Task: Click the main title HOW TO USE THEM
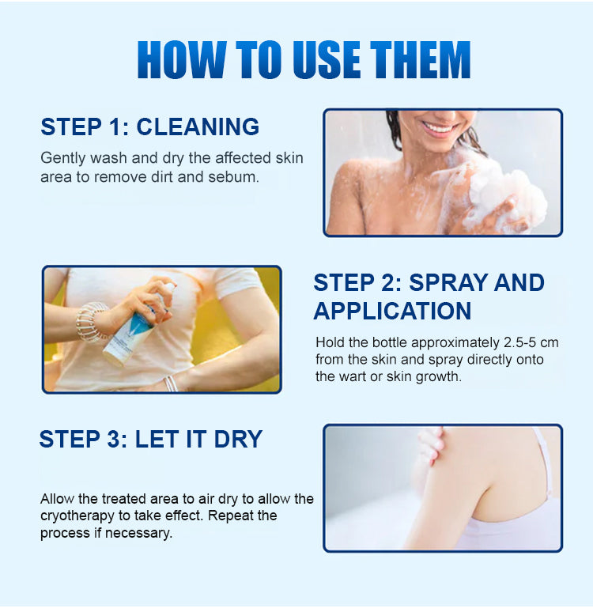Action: tap(304, 59)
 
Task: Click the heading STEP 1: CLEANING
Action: tap(150, 127)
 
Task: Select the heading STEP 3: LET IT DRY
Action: tap(151, 439)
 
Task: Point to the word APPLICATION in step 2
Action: tap(392, 310)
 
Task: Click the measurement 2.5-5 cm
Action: tap(514, 342)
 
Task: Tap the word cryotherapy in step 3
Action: tap(80, 516)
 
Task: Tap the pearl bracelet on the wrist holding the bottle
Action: tap(93, 320)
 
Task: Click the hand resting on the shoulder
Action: tap(431, 447)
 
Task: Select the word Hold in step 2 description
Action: tap(330, 342)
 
